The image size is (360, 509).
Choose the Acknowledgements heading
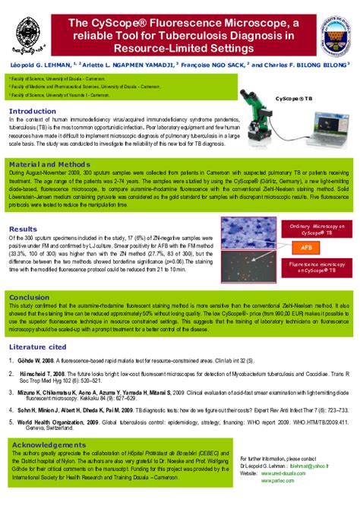pyautogui.click(x=49, y=444)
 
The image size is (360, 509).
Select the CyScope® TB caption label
pyautogui.click(x=294, y=98)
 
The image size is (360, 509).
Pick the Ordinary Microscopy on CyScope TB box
pyautogui.click(x=316, y=229)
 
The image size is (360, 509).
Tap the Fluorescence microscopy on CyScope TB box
pyautogui.click(x=316, y=267)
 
